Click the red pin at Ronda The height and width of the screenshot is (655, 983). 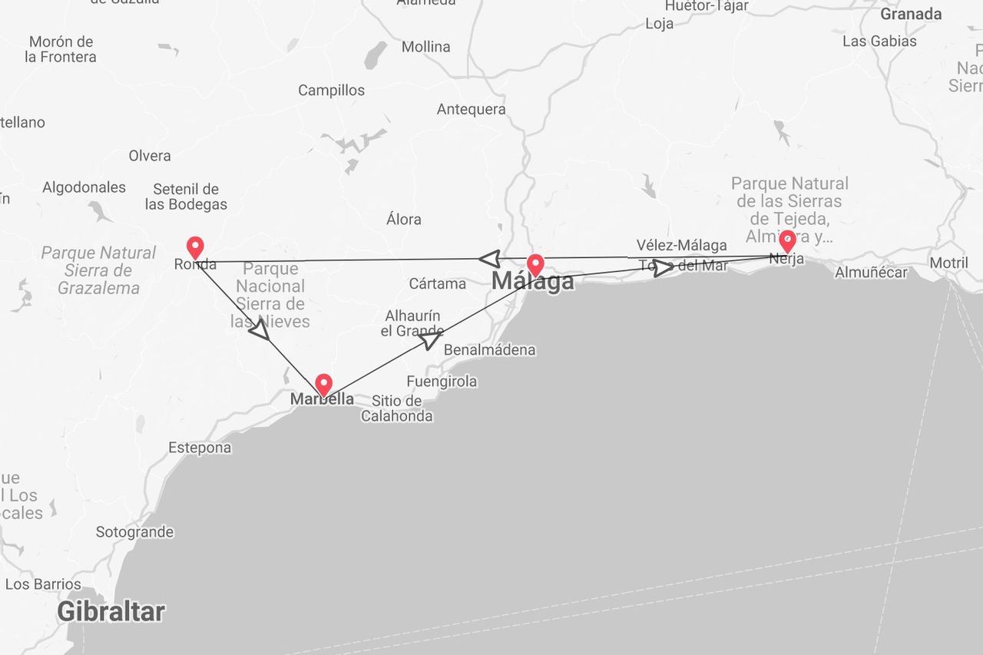click(x=195, y=247)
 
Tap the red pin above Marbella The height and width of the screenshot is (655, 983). click(x=323, y=384)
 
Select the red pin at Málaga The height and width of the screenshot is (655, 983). click(x=535, y=265)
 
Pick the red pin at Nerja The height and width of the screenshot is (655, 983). click(x=786, y=241)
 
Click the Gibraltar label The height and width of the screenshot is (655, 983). click(x=111, y=612)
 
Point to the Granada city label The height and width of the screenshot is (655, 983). click(x=911, y=14)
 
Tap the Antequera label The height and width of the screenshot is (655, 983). click(x=471, y=109)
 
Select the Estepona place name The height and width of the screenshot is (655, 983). click(x=200, y=448)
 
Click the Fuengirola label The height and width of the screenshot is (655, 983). click(x=442, y=381)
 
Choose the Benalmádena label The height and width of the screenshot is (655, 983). click(x=489, y=350)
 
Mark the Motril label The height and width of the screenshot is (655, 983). click(x=948, y=263)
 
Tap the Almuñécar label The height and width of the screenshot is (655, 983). click(x=871, y=272)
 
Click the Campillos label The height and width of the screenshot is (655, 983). click(x=331, y=90)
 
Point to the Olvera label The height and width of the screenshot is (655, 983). click(x=150, y=156)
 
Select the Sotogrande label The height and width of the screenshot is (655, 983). click(x=134, y=531)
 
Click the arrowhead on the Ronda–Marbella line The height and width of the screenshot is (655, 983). click(x=260, y=329)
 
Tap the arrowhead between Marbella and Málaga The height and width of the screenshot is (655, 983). click(x=430, y=338)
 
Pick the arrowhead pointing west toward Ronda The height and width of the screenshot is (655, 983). click(x=489, y=259)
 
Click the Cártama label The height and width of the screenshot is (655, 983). click(x=437, y=283)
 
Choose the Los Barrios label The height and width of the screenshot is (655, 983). click(x=43, y=584)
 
